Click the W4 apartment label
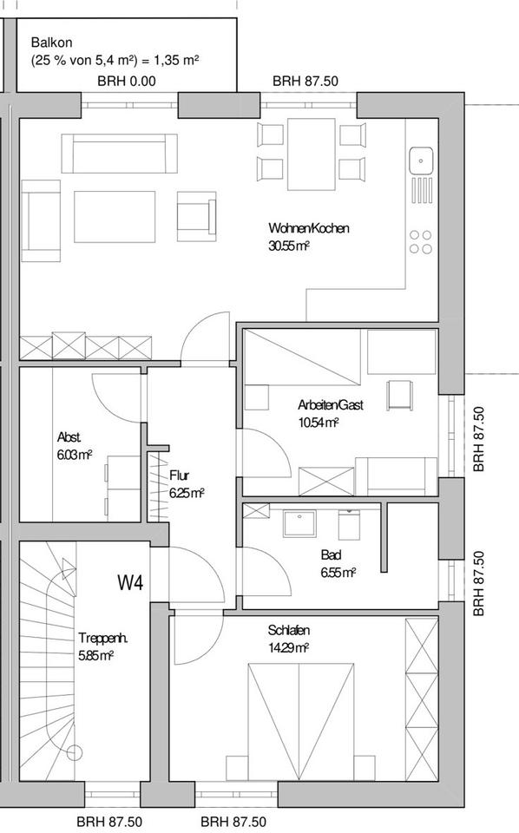click(130, 583)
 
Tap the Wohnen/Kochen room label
click(308, 228)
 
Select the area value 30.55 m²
click(289, 246)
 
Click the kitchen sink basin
click(422, 160)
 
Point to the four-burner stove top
click(422, 241)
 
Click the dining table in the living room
click(311, 154)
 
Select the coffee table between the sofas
click(115, 217)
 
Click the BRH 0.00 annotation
click(127, 82)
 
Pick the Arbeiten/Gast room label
click(331, 405)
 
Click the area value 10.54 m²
click(318, 423)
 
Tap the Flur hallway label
click(180, 475)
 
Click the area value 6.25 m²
click(187, 492)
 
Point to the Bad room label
click(331, 554)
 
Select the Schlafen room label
click(289, 630)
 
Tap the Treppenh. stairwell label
click(102, 638)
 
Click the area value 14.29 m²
click(289, 647)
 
